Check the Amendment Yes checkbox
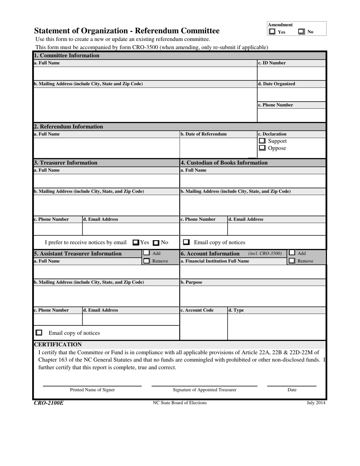(272, 32)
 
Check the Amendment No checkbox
(301, 32)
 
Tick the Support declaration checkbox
(262, 141)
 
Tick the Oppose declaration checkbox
(262, 148)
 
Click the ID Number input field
(291, 73)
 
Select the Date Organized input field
(291, 94)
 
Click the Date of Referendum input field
(218, 147)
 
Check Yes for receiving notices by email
(136, 242)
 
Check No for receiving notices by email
(156, 242)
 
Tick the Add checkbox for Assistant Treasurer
(146, 253)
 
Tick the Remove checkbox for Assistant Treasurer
(146, 261)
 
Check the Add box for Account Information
(292, 253)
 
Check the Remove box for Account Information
(292, 261)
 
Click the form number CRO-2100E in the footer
(49, 403)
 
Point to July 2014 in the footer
(316, 403)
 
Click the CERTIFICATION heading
(58, 344)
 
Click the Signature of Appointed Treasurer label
(205, 390)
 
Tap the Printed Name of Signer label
(92, 390)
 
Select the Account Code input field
(203, 326)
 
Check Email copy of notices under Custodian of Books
(186, 242)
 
